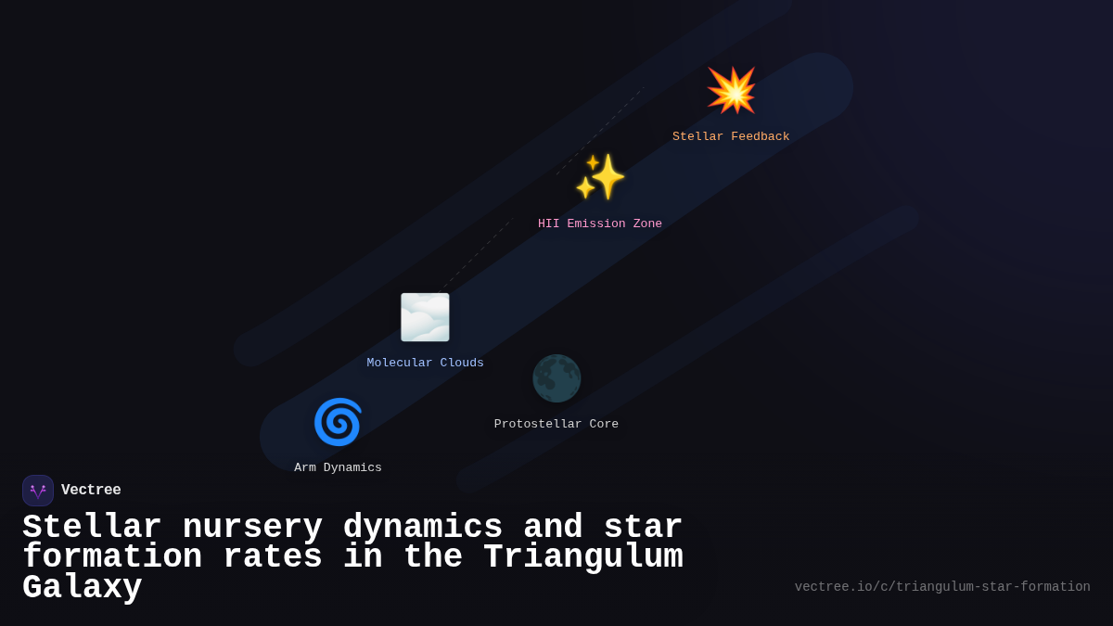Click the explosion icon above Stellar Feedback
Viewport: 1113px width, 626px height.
[732, 90]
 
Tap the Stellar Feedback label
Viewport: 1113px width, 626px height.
[731, 137]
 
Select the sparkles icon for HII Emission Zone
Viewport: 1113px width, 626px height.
[600, 177]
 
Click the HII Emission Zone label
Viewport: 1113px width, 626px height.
[600, 224]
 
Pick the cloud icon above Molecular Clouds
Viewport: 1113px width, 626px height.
[425, 317]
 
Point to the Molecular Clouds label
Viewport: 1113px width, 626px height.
[425, 364]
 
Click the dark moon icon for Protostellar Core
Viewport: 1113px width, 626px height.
[556, 378]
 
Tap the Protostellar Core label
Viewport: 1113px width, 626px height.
[556, 425]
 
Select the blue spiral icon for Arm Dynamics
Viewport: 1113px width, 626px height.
[338, 422]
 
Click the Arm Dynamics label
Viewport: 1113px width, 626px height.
[338, 468]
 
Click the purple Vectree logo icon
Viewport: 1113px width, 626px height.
[38, 491]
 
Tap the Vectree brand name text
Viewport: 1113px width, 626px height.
[91, 491]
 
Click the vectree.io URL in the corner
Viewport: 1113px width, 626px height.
[942, 587]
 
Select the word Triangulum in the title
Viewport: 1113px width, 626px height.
[583, 557]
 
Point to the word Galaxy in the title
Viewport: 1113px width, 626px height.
[83, 588]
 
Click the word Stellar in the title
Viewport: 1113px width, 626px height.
[92, 528]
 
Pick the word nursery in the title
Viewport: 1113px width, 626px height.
[252, 528]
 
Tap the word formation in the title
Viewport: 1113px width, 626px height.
[112, 557]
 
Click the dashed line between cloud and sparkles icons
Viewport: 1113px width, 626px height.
[478, 253]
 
